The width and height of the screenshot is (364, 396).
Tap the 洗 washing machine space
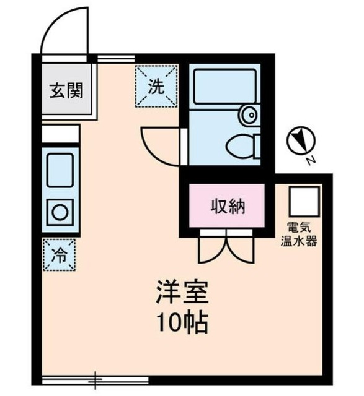156,87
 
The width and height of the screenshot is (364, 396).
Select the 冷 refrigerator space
60,254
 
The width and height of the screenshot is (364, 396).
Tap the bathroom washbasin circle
249,114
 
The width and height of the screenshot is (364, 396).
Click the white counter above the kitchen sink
61,134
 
